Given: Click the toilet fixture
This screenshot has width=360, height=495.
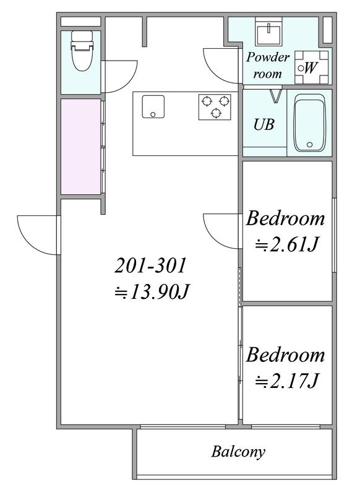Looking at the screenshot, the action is pyautogui.click(x=82, y=51).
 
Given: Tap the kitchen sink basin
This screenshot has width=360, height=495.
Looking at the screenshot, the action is pyautogui.click(x=153, y=106).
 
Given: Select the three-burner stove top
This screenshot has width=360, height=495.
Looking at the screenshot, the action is pyautogui.click(x=215, y=106).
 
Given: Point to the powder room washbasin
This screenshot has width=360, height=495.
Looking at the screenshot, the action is pyautogui.click(x=269, y=32).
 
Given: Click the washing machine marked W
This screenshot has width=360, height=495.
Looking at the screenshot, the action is pyautogui.click(x=311, y=67).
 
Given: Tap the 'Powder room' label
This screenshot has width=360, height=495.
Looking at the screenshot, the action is pyautogui.click(x=268, y=66).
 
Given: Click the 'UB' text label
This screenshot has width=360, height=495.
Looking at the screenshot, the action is pyautogui.click(x=264, y=125).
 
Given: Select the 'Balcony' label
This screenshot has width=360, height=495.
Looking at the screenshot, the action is pyautogui.click(x=238, y=452).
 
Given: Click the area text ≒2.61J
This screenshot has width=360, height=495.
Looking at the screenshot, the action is pyautogui.click(x=286, y=244).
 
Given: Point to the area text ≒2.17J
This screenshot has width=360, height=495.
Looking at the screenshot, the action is pyautogui.click(x=286, y=381).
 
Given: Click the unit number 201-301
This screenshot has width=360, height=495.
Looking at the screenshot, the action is pyautogui.click(x=150, y=265).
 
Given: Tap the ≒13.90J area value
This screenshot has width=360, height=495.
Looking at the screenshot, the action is pyautogui.click(x=152, y=291).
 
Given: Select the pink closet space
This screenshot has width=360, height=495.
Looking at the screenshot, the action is pyautogui.click(x=80, y=147).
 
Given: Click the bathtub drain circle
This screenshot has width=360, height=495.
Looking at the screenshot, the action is pyautogui.click(x=309, y=145).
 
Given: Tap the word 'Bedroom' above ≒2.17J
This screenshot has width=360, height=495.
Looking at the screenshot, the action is pyautogui.click(x=285, y=355).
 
